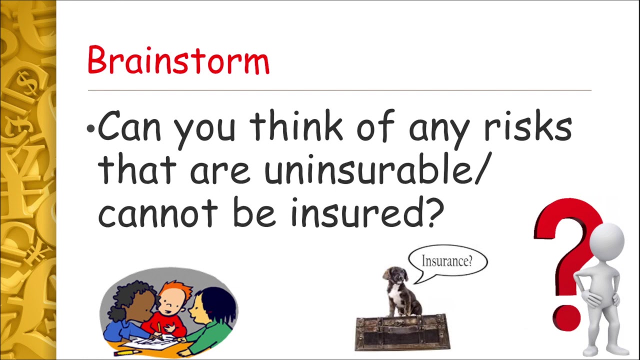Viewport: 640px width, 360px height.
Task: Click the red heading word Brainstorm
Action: click(178, 60)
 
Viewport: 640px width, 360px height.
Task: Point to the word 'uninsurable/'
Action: click(375, 170)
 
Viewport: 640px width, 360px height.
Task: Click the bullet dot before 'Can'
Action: click(90, 129)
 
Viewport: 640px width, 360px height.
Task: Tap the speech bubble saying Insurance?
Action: click(447, 261)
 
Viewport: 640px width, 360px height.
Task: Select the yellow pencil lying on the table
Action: click(127, 352)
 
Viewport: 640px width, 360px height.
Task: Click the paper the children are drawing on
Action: click(150, 342)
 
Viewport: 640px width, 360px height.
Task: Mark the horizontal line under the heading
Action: click(339, 90)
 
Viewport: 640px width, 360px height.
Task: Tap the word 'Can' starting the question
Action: click(129, 127)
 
